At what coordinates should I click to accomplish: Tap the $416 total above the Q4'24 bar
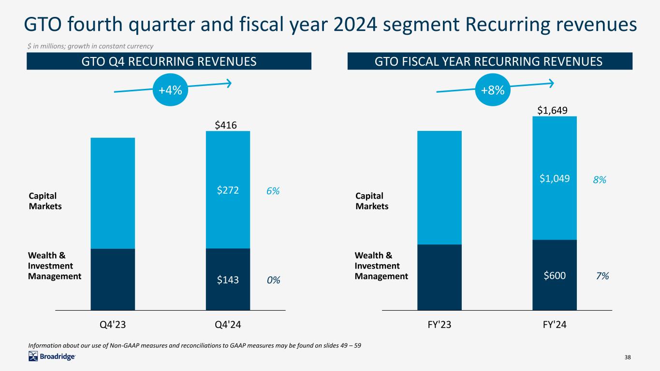(226, 126)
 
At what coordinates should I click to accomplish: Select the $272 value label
(228, 191)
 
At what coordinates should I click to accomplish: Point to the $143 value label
(228, 280)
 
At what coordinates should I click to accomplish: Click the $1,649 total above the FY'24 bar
(553, 111)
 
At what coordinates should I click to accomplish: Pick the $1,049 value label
(555, 179)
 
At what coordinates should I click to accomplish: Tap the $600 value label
(555, 275)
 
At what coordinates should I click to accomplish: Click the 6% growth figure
(273, 191)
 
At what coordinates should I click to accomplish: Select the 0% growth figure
(273, 280)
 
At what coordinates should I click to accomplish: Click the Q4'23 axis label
(113, 325)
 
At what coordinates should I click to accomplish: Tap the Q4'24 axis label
(228, 325)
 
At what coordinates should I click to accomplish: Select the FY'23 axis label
(439, 325)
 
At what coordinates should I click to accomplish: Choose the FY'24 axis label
(554, 325)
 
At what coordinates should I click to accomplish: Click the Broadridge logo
(52, 357)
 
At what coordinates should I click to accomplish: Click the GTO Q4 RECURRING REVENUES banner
(169, 61)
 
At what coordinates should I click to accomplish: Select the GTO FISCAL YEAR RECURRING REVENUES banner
(490, 61)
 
